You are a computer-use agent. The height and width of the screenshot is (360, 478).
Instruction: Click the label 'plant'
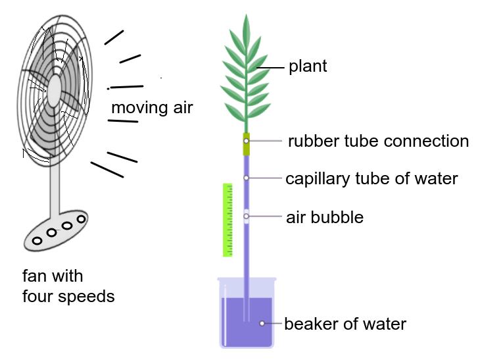(308, 66)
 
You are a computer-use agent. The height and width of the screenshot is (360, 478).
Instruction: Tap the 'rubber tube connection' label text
(378, 141)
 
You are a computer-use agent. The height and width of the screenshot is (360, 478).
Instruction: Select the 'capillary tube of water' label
(371, 178)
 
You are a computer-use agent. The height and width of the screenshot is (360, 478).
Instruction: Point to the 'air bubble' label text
(325, 217)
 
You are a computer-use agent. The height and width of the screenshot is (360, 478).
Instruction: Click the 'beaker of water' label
(345, 324)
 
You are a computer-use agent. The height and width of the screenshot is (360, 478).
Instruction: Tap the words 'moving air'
(152, 107)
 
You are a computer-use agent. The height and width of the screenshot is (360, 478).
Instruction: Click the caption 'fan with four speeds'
(68, 286)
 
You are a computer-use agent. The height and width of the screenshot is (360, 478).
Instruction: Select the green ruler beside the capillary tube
(228, 220)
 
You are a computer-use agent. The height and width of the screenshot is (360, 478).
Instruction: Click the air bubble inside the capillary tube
(247, 216)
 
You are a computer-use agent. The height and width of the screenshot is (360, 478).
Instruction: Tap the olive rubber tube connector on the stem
(247, 144)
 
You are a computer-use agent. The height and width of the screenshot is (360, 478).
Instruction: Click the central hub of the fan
(55, 86)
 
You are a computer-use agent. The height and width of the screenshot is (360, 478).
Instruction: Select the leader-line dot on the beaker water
(262, 323)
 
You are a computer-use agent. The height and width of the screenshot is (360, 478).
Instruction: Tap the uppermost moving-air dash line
(114, 37)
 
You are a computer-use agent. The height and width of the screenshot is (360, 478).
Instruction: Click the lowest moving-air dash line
(107, 170)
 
